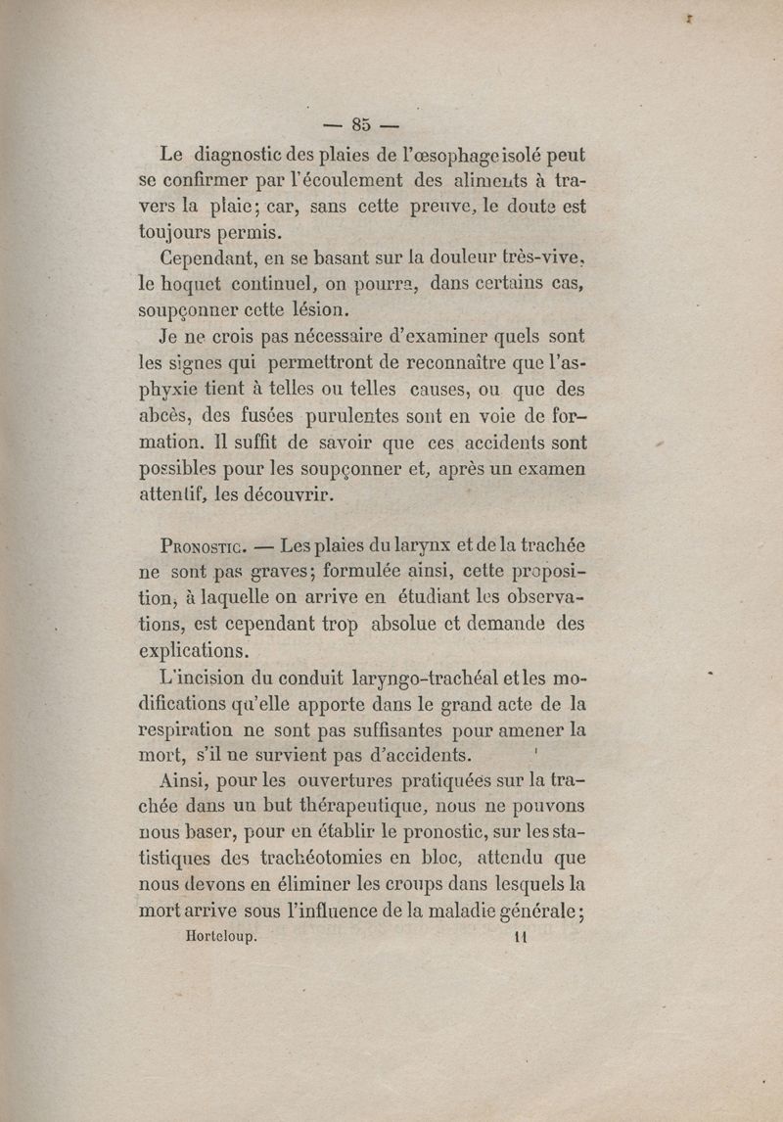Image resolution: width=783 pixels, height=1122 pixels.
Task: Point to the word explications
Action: click(x=194, y=650)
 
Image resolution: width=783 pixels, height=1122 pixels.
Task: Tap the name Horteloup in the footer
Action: click(x=221, y=936)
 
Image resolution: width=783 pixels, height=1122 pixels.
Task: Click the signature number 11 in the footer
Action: click(x=519, y=936)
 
